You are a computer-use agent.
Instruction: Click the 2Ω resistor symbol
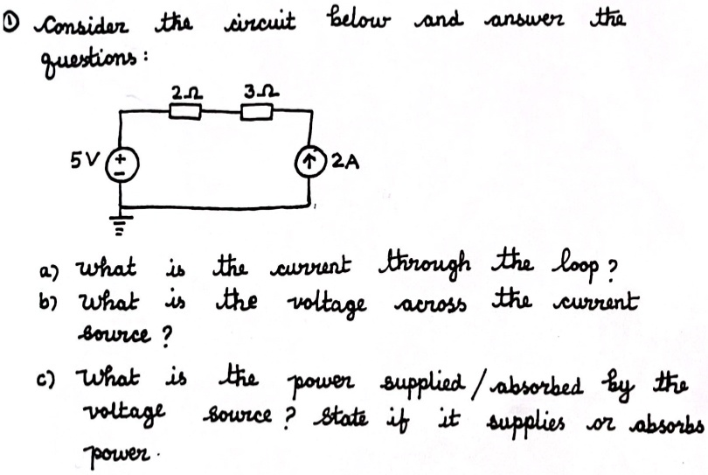185,111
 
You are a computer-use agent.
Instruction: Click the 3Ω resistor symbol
256,111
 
